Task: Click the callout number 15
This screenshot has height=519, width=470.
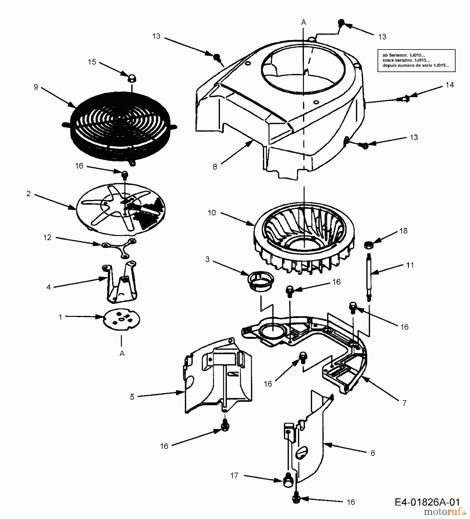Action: (x=92, y=62)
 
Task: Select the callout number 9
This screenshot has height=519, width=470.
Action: (x=36, y=87)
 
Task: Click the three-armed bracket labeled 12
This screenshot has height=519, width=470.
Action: (x=119, y=248)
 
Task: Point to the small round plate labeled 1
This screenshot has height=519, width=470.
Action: (x=122, y=319)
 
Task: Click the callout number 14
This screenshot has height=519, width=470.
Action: (x=449, y=85)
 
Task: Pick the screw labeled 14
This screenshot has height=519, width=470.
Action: (x=403, y=99)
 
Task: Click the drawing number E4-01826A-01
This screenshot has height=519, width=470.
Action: (x=427, y=502)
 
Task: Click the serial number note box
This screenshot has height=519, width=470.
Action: (x=416, y=60)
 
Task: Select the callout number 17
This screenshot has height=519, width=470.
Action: (x=234, y=475)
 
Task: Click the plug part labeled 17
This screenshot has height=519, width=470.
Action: (x=288, y=480)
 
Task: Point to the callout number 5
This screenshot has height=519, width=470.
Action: (x=132, y=397)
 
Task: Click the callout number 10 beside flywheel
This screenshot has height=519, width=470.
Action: (x=212, y=213)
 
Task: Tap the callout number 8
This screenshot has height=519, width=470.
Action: (x=215, y=167)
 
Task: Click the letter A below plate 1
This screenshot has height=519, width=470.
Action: (x=122, y=353)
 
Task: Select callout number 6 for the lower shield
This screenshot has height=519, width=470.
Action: (x=373, y=453)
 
